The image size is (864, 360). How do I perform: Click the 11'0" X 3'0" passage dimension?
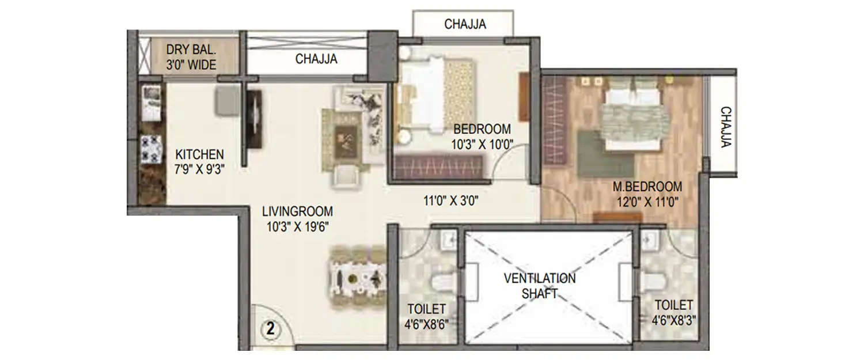[451, 201]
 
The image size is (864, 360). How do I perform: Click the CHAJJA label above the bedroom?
[465, 24]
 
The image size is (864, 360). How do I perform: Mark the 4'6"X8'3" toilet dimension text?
[673, 321]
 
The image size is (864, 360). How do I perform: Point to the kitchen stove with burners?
[151, 149]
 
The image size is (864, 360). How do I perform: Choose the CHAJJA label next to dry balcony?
[316, 59]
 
